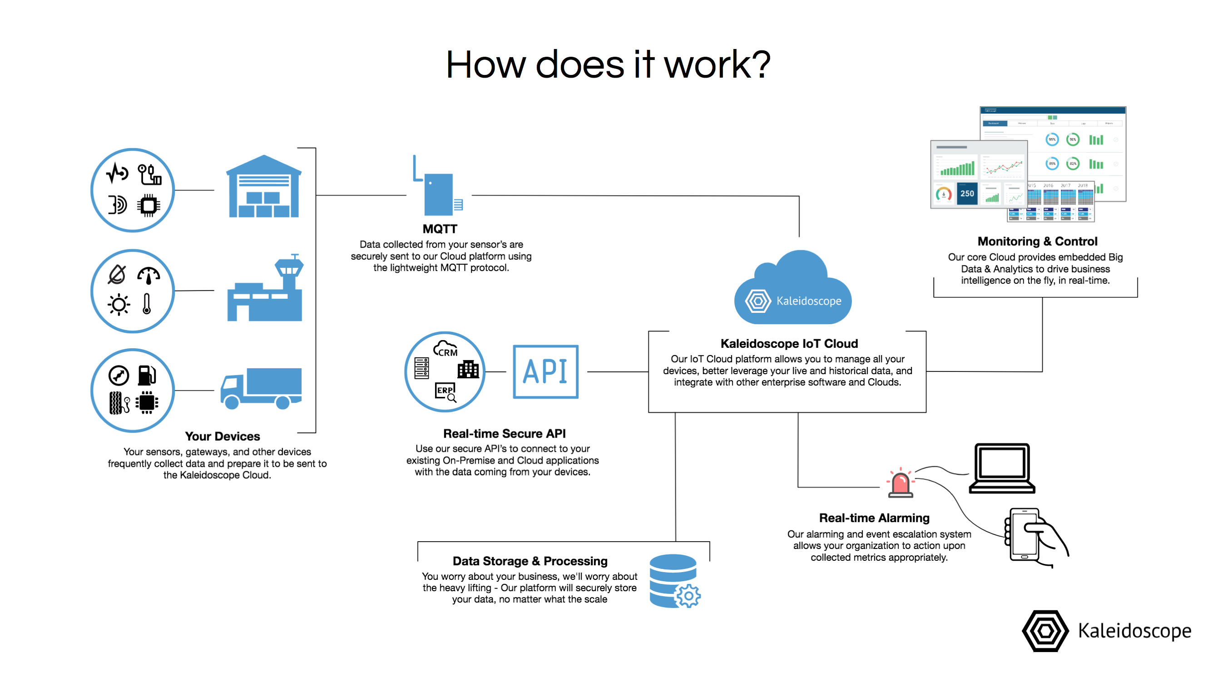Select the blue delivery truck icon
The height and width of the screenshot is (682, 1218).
[262, 388]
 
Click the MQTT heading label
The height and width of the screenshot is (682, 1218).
[440, 229]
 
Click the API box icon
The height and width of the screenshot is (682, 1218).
[545, 371]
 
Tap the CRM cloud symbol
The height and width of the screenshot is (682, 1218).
[446, 349]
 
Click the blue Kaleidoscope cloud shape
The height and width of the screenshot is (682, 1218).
[792, 291]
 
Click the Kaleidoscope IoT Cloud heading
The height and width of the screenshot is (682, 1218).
[789, 344]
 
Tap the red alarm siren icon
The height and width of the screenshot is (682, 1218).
[900, 484]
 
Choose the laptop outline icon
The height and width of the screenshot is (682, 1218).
[1002, 469]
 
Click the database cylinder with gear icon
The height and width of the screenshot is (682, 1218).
[674, 581]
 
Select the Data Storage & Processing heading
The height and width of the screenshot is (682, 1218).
[530, 561]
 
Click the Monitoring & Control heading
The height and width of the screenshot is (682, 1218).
[1037, 242]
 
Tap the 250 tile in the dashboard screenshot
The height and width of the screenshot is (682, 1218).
[967, 194]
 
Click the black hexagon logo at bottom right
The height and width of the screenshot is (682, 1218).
[1045, 631]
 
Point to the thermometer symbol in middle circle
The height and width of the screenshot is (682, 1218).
[147, 304]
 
